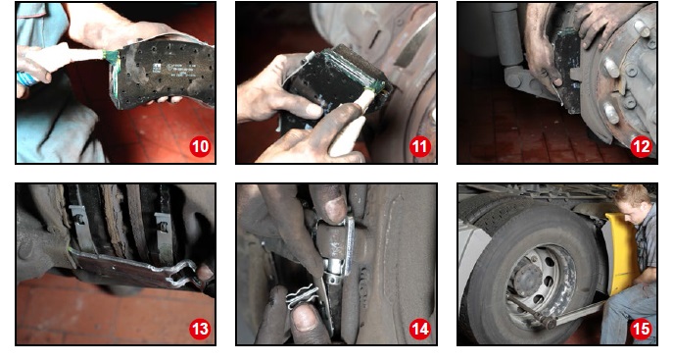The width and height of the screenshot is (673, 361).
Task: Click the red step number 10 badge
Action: point(200,147)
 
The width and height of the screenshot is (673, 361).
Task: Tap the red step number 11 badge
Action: point(420,147)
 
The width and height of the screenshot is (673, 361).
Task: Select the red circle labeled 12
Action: point(641,147)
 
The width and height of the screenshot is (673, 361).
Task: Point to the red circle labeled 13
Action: point(200,330)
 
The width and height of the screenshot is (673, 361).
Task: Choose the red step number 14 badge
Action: point(420,330)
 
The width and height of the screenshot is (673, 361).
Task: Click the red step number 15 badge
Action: point(641,330)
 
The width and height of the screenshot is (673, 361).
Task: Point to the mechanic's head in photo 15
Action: point(631,202)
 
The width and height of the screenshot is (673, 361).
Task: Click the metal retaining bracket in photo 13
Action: point(133,270)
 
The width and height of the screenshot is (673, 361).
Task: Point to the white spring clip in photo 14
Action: point(302,297)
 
